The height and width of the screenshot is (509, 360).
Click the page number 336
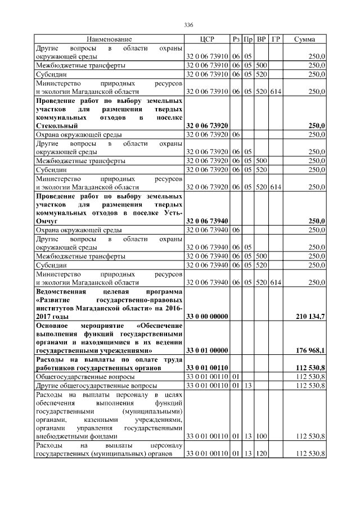[188, 25]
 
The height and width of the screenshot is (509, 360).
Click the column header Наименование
[109, 39]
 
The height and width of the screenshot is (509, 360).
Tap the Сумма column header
[304, 39]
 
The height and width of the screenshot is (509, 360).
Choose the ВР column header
[261, 39]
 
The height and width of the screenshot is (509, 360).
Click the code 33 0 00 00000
[206, 317]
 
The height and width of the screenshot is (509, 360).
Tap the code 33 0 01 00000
[206, 350]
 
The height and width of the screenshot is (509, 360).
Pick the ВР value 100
[261, 436]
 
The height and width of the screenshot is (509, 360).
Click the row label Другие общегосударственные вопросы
[96, 385]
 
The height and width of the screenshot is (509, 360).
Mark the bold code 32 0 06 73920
[206, 127]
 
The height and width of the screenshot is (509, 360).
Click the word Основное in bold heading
[52, 326]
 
